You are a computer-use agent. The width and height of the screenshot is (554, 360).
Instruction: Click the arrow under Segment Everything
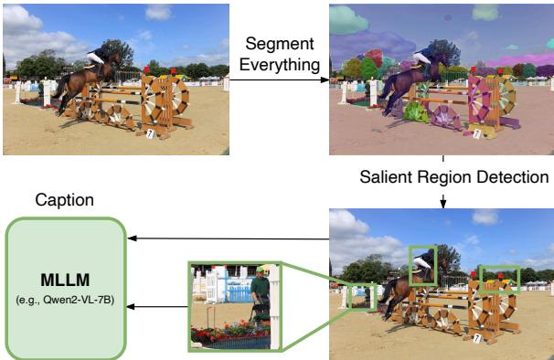pyautogui.click(x=279, y=79)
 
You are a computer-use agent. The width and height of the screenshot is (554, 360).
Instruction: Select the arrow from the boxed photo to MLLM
pyautogui.click(x=229, y=239)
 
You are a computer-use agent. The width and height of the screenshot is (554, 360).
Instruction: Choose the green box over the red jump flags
pyautogui.click(x=498, y=278)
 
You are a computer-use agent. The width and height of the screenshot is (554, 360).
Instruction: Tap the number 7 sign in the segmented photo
pyautogui.click(x=475, y=133)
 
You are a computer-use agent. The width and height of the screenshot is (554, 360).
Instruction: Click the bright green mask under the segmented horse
pyautogui.click(x=416, y=112)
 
